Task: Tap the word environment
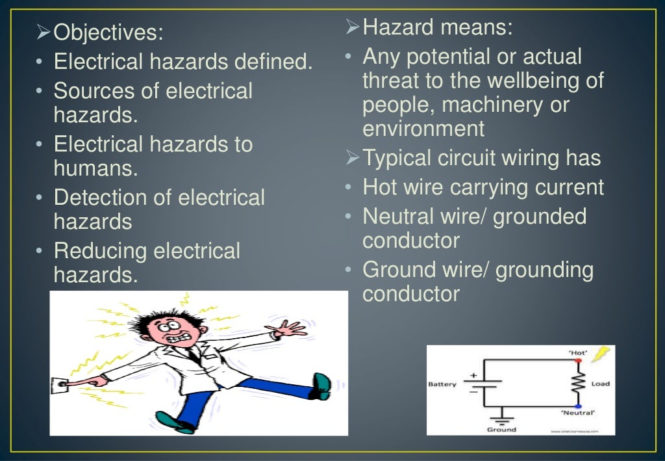click(423, 129)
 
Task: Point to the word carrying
click(487, 187)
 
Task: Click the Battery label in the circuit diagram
click(442, 384)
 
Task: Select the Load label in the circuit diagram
click(600, 384)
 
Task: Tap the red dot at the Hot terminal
click(577, 360)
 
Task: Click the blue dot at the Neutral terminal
click(577, 406)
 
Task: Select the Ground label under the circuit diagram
click(501, 430)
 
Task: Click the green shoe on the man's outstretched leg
click(321, 385)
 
